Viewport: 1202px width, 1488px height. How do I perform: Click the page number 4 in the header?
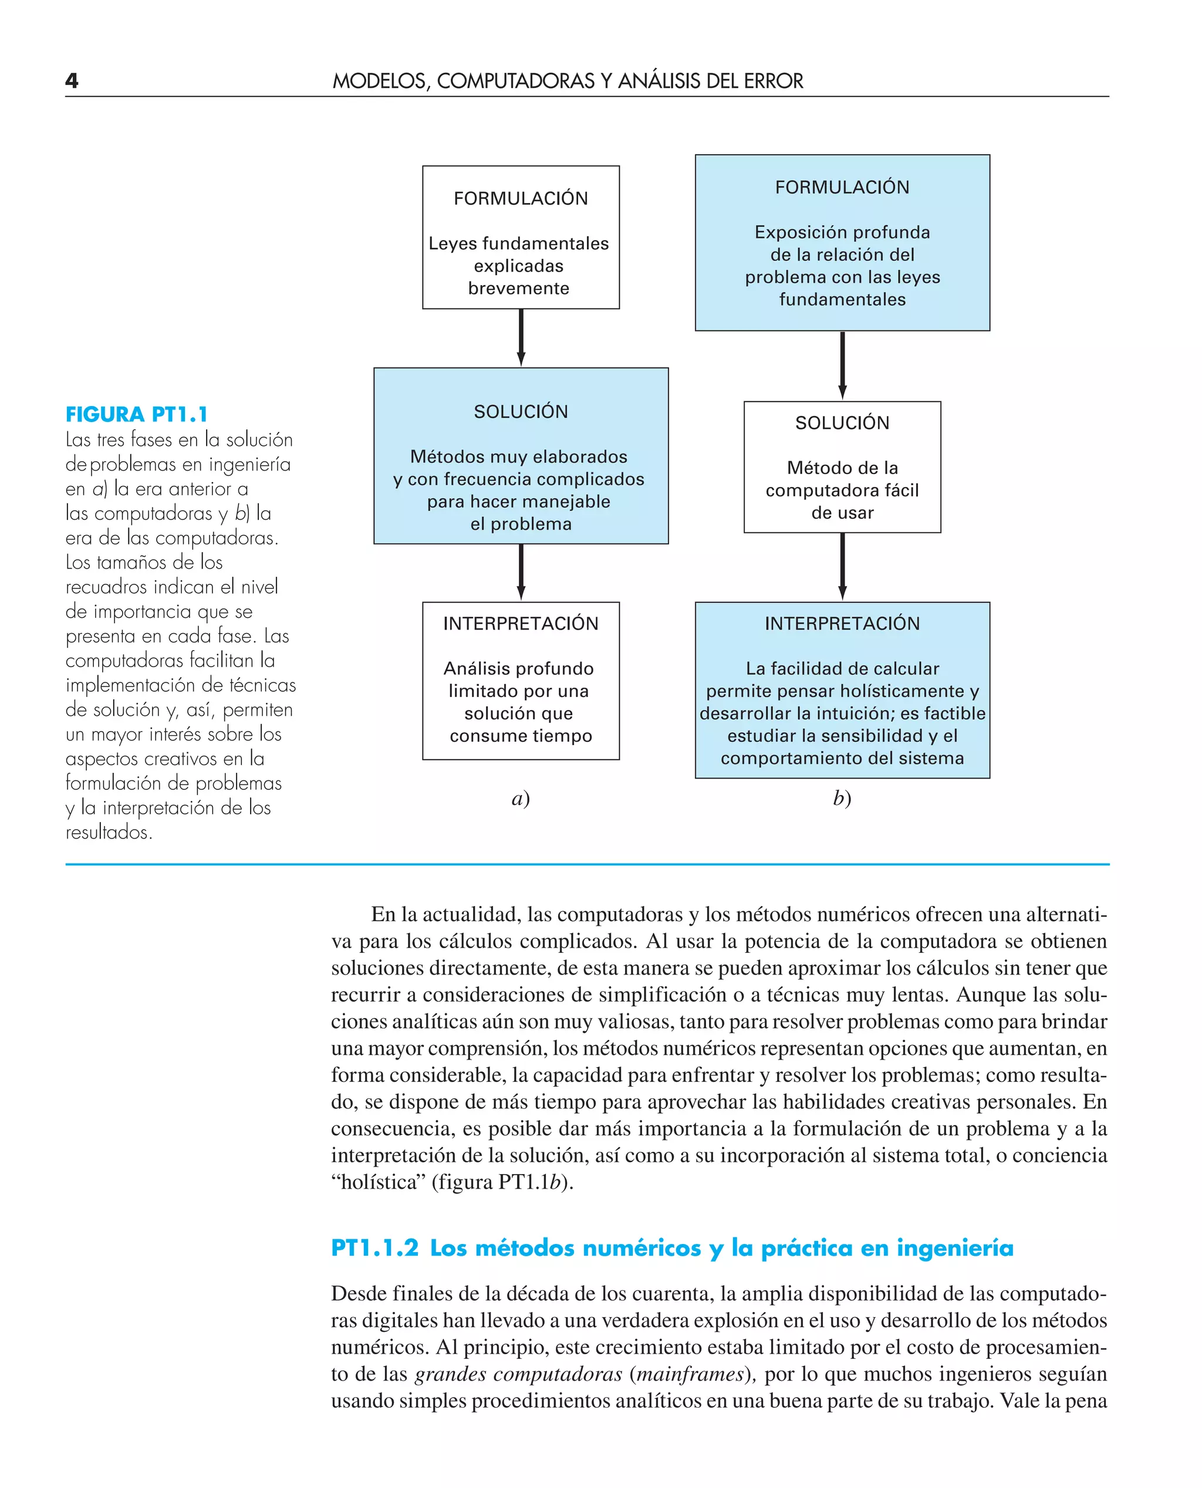tap(72, 81)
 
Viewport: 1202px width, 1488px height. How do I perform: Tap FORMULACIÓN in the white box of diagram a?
tap(521, 199)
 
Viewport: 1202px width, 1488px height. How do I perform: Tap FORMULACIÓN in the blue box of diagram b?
tap(842, 188)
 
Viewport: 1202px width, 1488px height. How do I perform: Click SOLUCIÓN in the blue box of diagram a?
tap(521, 412)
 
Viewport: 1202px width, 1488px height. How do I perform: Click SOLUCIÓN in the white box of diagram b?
tap(842, 423)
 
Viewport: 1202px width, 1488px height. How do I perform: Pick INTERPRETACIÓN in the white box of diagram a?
tap(521, 624)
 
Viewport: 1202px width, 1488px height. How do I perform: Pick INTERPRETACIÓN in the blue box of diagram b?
tap(842, 624)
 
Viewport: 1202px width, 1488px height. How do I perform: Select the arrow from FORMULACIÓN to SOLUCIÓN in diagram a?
tap(521, 337)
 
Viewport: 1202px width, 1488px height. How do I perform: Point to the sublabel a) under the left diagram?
tap(521, 798)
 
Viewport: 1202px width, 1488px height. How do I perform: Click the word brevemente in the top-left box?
tap(519, 289)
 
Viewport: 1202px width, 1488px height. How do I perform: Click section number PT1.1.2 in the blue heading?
tap(374, 1248)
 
